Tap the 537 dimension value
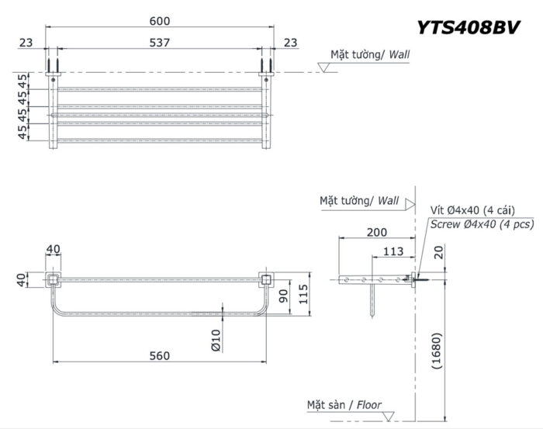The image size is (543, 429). [x=160, y=43]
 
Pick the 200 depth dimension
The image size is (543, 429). [x=377, y=232]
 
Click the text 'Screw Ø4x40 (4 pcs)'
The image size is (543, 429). [x=482, y=224]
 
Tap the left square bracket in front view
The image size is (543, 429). [x=53, y=279]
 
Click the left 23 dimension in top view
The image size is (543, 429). [x=27, y=43]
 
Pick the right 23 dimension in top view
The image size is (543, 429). [x=291, y=43]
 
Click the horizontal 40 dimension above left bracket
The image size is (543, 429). [x=53, y=249]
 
